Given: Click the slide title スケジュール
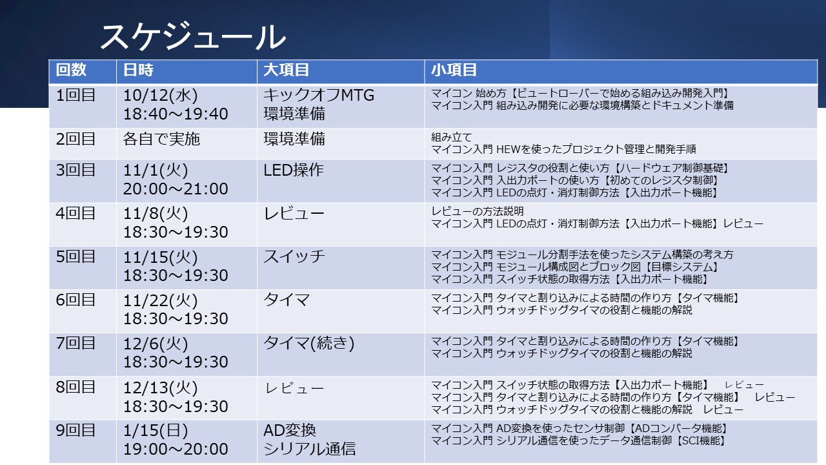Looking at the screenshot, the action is click(x=193, y=37).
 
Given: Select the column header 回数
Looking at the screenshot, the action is click(x=71, y=70).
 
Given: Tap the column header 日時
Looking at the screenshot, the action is click(x=138, y=70).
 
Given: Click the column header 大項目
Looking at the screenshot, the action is click(x=286, y=70).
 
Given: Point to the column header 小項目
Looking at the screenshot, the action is click(x=454, y=70).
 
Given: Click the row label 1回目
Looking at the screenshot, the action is click(x=76, y=95).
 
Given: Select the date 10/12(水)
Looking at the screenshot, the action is click(x=161, y=96).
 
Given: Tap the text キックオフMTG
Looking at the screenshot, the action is click(x=319, y=95).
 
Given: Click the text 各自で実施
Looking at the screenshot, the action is click(x=161, y=139).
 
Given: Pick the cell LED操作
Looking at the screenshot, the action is click(x=294, y=170).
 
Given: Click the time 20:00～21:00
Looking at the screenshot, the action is click(x=176, y=189).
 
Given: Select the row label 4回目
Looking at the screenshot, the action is click(x=76, y=213).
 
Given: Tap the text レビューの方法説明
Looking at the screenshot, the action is click(x=478, y=211).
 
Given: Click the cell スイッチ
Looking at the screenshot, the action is click(x=294, y=256).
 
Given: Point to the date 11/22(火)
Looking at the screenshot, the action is click(x=161, y=300).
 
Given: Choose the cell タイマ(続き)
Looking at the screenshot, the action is click(x=308, y=343).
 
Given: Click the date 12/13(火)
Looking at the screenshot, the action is click(x=161, y=388).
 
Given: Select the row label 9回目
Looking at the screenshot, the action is click(x=76, y=431).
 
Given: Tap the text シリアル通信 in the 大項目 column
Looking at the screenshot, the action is click(x=309, y=449).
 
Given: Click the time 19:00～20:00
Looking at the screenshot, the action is click(x=176, y=449).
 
